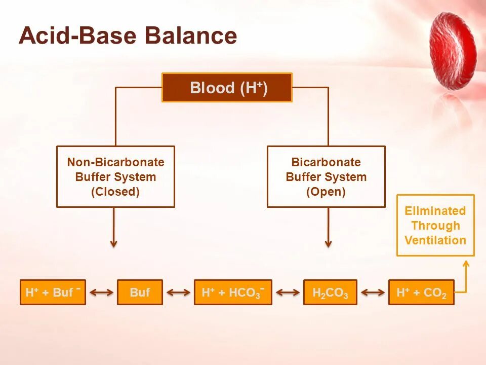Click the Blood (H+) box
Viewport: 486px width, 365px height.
click(227, 88)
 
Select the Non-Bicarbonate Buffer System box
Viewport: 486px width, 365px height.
click(115, 176)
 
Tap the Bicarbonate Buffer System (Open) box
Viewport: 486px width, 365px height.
click(326, 176)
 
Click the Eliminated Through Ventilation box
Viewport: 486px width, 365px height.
click(435, 225)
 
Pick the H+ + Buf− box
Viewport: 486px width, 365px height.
click(53, 293)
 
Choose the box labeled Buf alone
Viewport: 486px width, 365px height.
click(140, 293)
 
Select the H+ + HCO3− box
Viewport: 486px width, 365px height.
click(233, 293)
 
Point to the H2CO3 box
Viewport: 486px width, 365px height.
click(330, 293)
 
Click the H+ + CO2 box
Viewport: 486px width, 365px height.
click(421, 293)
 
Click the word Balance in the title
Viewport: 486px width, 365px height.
click(191, 35)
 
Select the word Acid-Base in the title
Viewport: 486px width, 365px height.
click(77, 35)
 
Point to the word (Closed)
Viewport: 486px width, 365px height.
click(115, 192)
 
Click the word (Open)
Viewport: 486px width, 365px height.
click(326, 192)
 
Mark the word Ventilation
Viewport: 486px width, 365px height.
click(435, 240)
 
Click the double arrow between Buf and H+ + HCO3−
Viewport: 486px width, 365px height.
click(179, 293)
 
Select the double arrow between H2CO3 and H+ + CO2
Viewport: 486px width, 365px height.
click(373, 293)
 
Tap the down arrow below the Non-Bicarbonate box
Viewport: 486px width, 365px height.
click(114, 228)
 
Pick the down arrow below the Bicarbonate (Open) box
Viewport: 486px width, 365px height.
click(328, 228)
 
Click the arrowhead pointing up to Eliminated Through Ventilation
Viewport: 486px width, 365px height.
click(466, 264)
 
